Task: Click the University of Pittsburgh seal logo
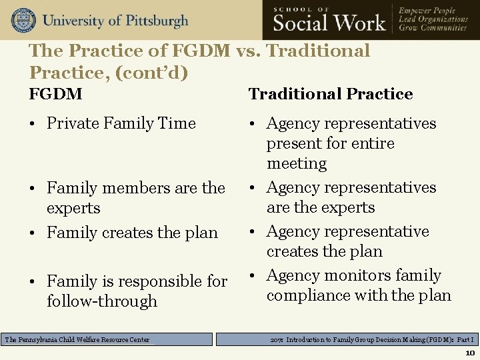click(23, 21)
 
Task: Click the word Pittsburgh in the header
click(155, 21)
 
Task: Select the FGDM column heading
click(55, 95)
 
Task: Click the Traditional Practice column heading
click(331, 95)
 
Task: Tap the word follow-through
click(102, 301)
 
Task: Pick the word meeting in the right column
click(297, 164)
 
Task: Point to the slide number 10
click(469, 353)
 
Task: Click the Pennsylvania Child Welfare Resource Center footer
click(77, 340)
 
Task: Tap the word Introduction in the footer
click(310, 340)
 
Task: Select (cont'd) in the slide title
click(157, 72)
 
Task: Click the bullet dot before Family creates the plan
click(34, 233)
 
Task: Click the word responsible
click(163, 281)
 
